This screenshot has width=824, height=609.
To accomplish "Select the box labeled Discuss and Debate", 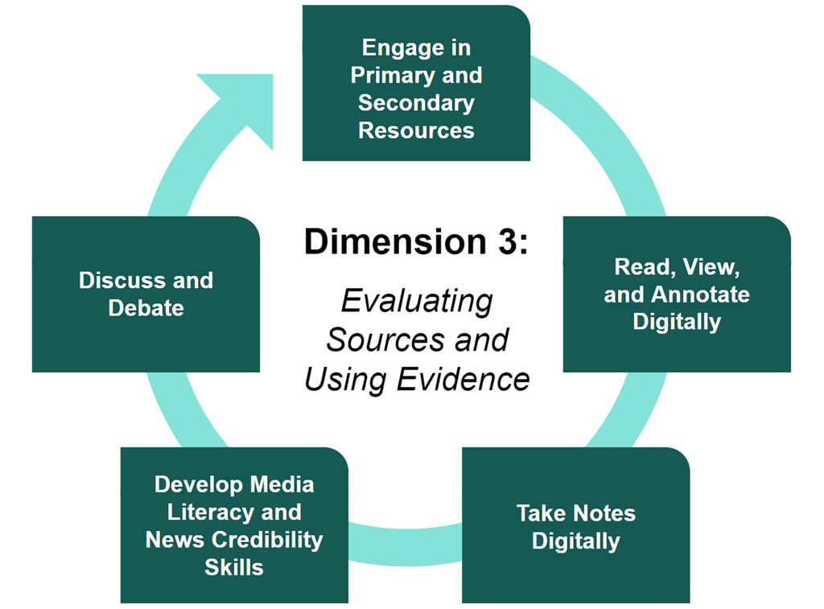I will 146,294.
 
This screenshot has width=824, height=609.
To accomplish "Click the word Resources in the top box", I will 416,130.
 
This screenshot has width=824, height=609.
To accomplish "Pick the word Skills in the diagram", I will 234,567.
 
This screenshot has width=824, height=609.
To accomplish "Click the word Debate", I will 146,308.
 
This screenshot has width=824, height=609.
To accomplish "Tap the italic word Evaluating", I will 416,302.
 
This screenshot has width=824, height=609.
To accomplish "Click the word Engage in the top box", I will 403,47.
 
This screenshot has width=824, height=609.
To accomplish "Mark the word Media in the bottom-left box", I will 281,485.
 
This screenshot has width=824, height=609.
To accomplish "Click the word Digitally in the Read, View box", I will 677,322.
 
